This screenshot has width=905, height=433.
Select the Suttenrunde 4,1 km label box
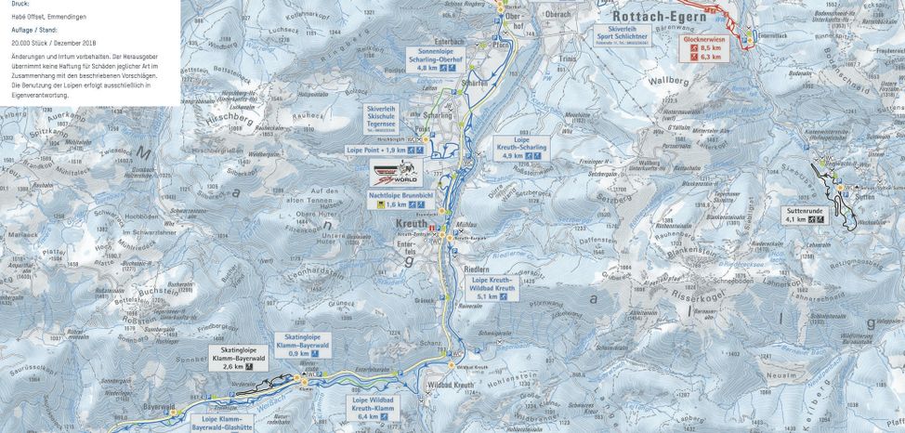pos(805,216)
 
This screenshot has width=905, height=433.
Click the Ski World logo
pos(396,172)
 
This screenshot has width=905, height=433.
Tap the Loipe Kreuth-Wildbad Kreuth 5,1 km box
pos(492,287)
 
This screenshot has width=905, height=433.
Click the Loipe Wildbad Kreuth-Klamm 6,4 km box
pos(374,409)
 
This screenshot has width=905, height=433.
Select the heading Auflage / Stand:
pos(33,30)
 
